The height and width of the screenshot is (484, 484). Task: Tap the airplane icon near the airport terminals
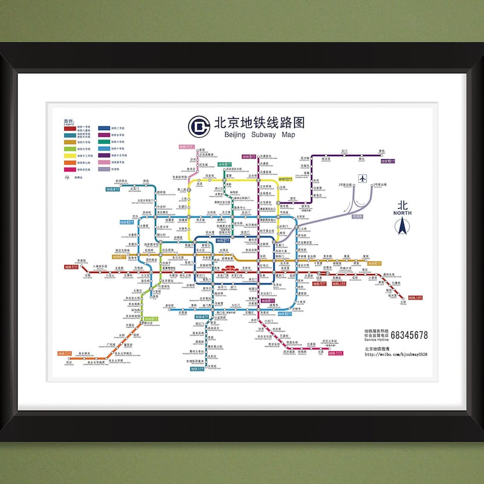click(362, 178)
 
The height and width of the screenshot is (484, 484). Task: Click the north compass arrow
click(402, 226)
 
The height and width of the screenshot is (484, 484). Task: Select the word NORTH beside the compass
click(402, 212)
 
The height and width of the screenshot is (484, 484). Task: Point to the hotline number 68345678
click(408, 335)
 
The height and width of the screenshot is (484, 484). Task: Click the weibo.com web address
click(396, 355)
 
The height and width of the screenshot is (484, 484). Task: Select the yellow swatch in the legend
click(70, 155)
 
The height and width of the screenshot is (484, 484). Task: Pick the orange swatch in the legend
click(70, 162)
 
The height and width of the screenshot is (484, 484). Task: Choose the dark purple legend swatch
click(103, 155)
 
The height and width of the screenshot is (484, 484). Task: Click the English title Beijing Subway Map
click(260, 135)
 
